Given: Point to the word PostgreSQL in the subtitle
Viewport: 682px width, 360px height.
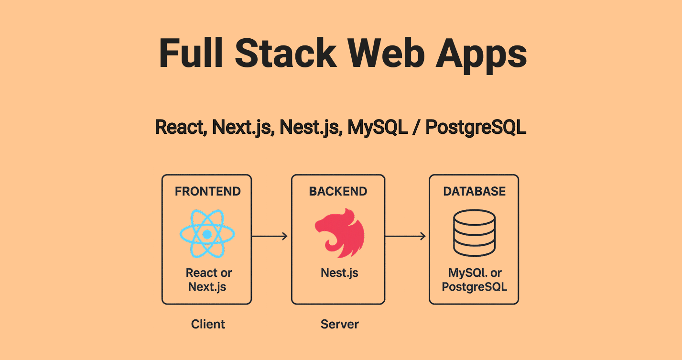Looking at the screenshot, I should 476,127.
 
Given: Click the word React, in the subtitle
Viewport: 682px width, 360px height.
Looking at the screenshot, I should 181,127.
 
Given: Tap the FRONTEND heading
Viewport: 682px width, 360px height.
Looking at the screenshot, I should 207,192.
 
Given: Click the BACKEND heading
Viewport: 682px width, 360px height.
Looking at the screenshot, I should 338,192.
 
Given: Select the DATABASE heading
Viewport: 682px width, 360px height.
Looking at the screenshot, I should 474,192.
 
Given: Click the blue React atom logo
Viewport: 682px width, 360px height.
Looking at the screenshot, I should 207,234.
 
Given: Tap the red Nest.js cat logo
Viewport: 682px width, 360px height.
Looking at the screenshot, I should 339,233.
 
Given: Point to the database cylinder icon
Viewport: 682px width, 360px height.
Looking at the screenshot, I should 474,233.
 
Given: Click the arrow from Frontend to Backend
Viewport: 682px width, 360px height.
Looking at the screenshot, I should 270,236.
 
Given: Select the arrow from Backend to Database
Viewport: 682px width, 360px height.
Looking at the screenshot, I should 405,236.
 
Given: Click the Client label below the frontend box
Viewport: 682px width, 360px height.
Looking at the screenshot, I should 208,324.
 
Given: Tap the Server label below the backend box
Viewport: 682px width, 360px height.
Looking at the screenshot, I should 339,324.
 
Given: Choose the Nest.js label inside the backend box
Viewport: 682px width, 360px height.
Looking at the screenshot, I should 339,273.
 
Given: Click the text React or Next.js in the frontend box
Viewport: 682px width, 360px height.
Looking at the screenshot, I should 208,280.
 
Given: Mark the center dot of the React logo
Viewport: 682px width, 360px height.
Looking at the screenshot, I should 207,235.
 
